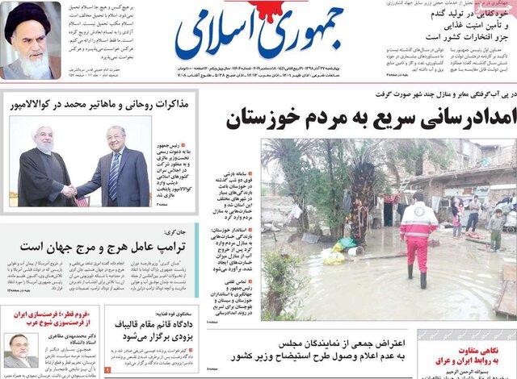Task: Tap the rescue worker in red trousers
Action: tap(418, 238)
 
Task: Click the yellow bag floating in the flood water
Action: tap(330, 257)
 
